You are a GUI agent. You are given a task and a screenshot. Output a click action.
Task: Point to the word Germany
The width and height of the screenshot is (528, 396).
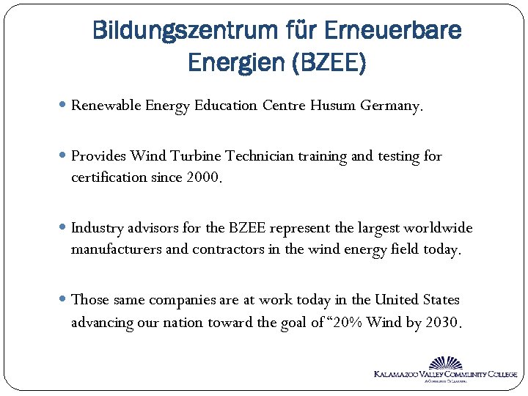coord(392,106)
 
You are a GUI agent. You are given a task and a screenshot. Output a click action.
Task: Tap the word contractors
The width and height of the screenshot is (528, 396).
coord(228,249)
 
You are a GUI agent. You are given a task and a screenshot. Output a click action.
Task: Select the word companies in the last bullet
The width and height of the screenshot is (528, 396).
coord(182,300)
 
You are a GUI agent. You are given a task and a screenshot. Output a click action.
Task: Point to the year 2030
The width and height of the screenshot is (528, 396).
coord(444,321)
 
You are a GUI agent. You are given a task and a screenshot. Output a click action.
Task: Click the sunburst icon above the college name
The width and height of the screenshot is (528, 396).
coord(446,363)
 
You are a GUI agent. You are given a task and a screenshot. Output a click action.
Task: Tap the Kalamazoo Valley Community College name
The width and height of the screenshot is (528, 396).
coord(445,375)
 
